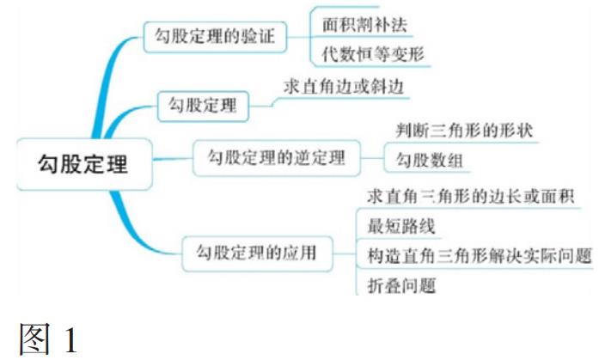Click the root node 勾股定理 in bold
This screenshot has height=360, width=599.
[84, 164]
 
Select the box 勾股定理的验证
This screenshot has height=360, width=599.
[215, 37]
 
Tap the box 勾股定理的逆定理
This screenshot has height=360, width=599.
[277, 158]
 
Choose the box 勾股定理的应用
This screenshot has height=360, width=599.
[257, 253]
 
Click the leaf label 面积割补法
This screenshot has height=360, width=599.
[364, 24]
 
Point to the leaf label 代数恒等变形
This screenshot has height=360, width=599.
[373, 54]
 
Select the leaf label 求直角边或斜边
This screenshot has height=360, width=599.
[344, 86]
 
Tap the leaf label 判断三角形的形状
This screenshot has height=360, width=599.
[464, 131]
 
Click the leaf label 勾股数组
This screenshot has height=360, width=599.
[430, 160]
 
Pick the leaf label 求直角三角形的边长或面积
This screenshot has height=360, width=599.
[471, 196]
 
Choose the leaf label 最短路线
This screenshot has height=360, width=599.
[401, 226]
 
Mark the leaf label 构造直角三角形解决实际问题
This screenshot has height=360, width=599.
[480, 255]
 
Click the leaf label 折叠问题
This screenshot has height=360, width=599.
[401, 285]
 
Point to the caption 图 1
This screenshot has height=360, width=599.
[48, 339]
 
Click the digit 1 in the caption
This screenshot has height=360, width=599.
[71, 339]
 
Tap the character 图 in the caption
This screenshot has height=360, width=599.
[34, 339]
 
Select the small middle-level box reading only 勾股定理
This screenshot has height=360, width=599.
[203, 106]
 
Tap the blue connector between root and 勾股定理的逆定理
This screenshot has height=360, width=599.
[173, 158]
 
